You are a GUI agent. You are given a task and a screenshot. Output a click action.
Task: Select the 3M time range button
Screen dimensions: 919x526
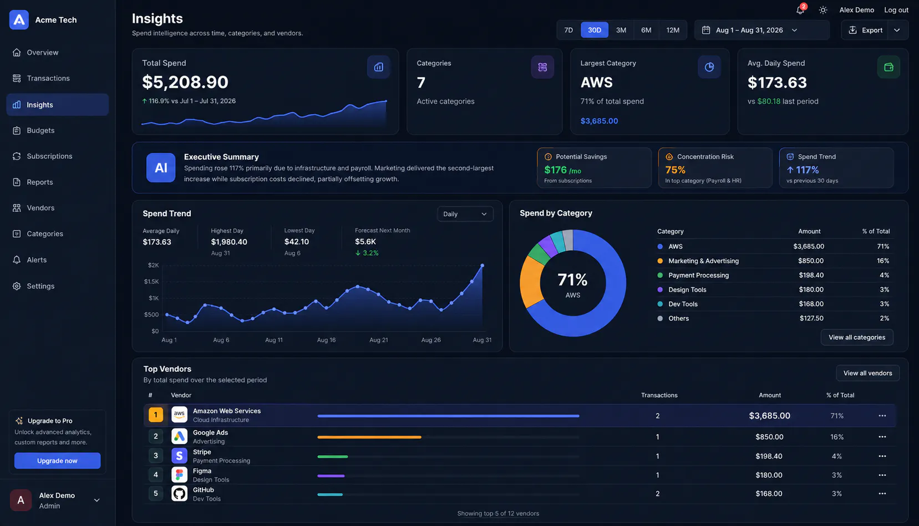point(621,30)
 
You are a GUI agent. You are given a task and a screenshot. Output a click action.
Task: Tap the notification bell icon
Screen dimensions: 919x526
point(800,10)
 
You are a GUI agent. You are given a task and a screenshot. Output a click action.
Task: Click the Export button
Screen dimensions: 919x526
point(866,30)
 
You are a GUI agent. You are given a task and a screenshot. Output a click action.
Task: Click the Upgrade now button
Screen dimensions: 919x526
point(58,461)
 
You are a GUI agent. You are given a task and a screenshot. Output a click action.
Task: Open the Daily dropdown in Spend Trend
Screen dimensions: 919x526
point(465,214)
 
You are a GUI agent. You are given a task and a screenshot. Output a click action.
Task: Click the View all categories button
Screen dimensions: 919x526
point(857,337)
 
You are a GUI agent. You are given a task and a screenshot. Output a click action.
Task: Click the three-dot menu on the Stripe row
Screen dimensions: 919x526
point(882,456)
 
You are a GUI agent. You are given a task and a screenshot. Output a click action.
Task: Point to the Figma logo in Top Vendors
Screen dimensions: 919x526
point(179,475)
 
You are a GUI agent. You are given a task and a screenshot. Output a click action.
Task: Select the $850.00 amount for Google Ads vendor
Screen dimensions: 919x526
point(769,437)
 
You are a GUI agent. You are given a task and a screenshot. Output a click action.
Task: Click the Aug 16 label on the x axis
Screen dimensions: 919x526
point(326,340)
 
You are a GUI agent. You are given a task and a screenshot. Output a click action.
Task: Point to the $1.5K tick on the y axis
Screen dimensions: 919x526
point(151,282)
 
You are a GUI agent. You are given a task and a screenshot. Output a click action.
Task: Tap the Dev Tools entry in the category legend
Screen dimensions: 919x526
point(683,304)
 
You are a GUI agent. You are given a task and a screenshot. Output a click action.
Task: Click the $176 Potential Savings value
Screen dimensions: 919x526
point(555,170)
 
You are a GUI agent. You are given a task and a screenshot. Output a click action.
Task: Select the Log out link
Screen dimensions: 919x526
point(896,10)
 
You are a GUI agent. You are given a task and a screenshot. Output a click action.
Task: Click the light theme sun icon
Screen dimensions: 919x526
point(823,10)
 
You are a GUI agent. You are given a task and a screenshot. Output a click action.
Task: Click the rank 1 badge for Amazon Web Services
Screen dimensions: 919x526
point(155,415)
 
